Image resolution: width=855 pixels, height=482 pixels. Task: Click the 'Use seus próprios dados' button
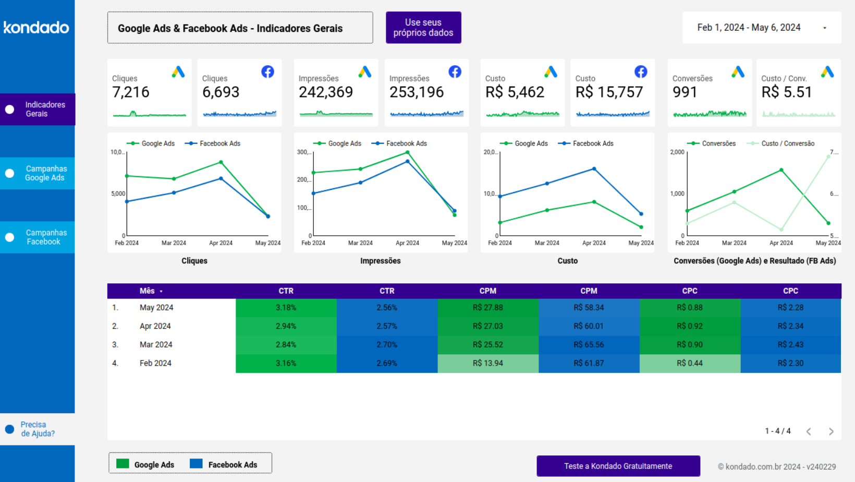[423, 28]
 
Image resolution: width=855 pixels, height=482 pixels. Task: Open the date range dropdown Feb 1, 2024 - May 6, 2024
[761, 28]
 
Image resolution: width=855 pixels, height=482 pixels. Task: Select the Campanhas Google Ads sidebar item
[38, 173]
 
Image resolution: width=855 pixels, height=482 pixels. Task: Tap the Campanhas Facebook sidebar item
[38, 237]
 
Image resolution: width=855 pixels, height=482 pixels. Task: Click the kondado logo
[36, 27]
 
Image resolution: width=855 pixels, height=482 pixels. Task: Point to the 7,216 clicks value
[131, 92]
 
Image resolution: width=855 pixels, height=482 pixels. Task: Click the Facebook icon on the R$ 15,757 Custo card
[641, 72]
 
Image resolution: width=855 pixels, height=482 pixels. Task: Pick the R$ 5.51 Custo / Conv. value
[786, 92]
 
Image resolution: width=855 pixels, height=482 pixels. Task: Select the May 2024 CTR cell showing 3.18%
[286, 308]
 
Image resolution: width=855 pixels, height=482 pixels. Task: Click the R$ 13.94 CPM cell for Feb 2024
[487, 363]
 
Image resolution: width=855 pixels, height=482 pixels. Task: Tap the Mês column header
[148, 291]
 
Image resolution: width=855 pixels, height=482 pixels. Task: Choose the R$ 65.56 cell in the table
[589, 345]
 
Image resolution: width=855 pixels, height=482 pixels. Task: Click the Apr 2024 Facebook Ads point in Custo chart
[594, 169]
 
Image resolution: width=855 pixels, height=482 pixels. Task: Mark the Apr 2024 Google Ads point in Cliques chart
[221, 162]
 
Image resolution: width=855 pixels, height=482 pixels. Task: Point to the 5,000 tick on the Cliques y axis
[118, 194]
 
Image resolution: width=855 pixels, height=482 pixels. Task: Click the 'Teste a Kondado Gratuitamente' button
[618, 466]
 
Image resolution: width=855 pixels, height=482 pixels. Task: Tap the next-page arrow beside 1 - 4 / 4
[831, 431]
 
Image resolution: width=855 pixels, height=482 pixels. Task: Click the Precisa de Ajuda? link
[37, 429]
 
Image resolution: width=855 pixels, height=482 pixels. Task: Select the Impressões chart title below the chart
[380, 261]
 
